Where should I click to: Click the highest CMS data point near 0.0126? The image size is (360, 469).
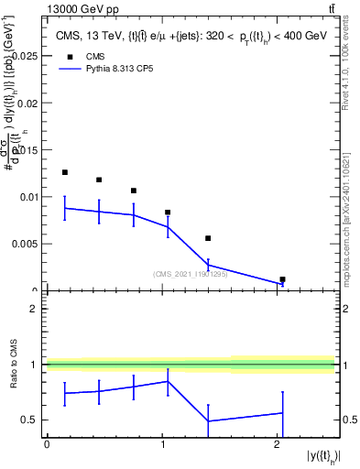64,172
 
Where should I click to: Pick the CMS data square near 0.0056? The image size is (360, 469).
209,238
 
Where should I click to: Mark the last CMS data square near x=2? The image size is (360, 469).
282,279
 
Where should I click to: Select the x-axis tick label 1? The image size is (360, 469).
162,444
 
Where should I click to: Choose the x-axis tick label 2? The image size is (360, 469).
277,444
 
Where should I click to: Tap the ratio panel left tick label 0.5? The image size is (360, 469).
30,420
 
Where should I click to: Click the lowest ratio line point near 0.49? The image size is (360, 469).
209,421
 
